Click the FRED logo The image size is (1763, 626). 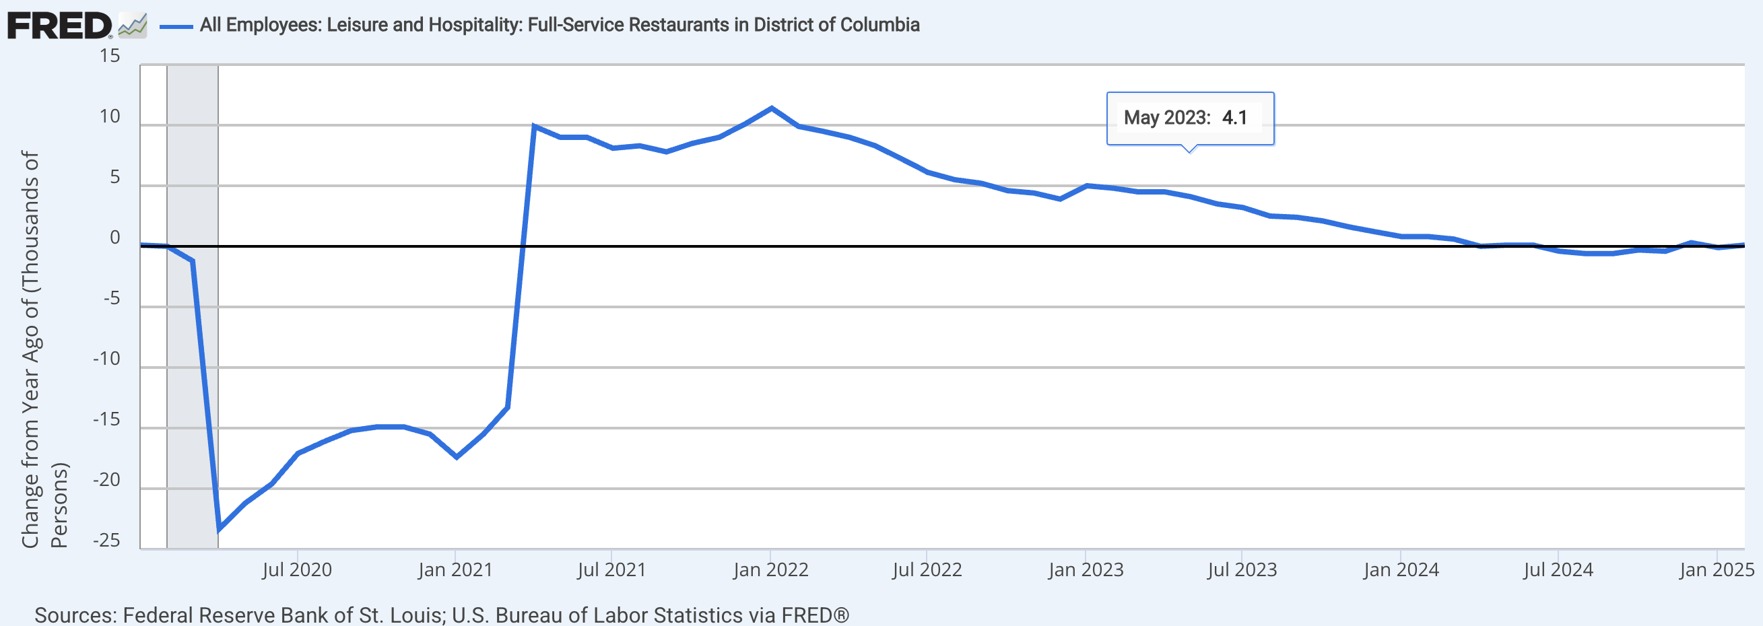click(x=59, y=26)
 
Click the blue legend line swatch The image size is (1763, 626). click(x=176, y=27)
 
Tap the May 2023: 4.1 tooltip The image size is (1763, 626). click(x=1189, y=118)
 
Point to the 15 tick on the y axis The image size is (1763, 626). click(x=110, y=56)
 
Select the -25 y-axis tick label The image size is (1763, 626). click(x=106, y=541)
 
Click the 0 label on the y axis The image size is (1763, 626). click(x=114, y=238)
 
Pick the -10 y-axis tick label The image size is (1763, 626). click(x=106, y=359)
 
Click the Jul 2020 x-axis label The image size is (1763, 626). click(x=296, y=569)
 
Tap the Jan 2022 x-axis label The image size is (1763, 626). click(x=770, y=569)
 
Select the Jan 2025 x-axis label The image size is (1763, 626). click(x=1717, y=569)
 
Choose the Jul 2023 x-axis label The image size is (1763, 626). click(x=1242, y=569)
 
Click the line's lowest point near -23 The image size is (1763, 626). click(x=219, y=529)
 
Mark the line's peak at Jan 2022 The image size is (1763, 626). click(x=771, y=108)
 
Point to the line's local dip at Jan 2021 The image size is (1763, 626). click(x=457, y=456)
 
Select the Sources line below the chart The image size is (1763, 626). click(x=442, y=615)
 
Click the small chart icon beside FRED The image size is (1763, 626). click(x=132, y=26)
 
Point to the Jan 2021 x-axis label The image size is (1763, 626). click(x=455, y=569)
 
